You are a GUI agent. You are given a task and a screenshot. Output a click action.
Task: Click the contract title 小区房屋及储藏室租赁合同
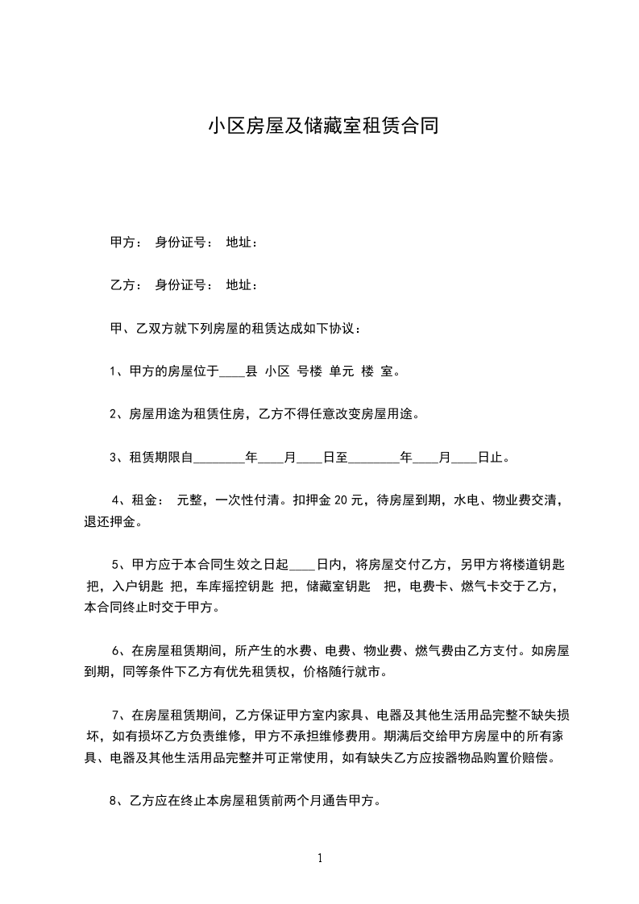point(323,126)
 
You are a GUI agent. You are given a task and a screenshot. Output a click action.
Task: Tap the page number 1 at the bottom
point(320,858)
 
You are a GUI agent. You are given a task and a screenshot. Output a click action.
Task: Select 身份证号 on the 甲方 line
point(184,242)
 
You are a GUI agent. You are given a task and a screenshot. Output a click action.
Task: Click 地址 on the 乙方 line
point(242,285)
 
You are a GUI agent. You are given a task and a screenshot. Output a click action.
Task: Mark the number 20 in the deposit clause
point(339,500)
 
